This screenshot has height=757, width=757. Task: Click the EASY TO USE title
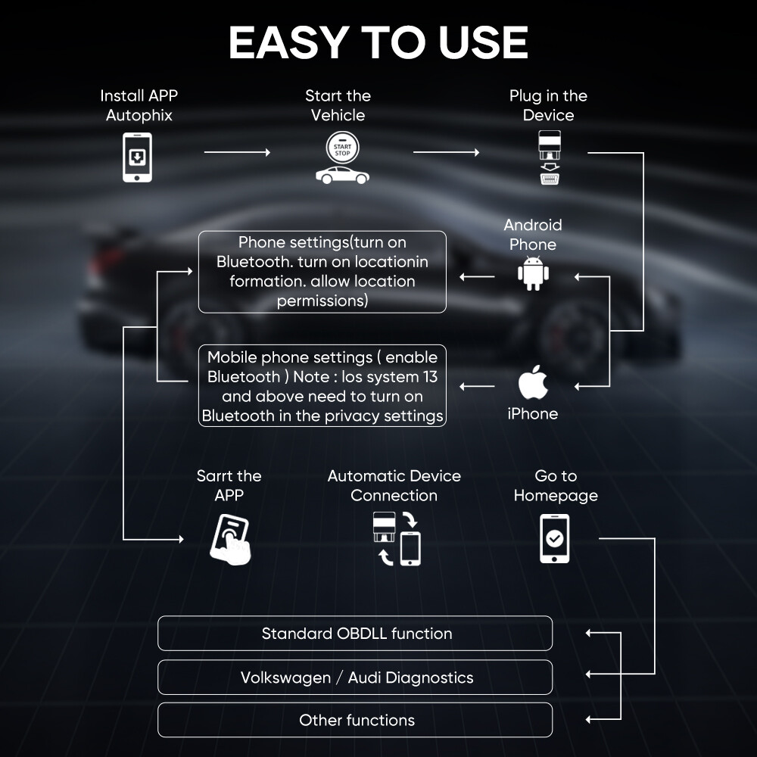point(378,42)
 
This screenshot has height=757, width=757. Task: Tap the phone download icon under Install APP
point(137,157)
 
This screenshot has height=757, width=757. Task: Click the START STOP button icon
point(342,146)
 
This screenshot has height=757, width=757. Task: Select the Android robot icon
point(533,273)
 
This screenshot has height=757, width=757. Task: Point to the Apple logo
point(533,384)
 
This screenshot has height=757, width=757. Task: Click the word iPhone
point(533,414)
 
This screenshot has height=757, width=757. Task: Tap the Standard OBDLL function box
point(355,634)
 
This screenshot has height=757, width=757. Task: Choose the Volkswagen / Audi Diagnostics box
point(355,678)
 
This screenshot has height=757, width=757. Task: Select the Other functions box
point(355,720)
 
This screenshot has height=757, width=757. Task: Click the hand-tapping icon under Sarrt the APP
point(230,539)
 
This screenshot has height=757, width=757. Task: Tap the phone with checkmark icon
point(554,538)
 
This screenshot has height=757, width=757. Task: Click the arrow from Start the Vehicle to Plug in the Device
point(446,153)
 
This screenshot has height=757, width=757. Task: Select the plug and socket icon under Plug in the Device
point(549,158)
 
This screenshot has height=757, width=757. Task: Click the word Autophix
point(139,116)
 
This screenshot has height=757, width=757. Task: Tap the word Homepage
point(556,496)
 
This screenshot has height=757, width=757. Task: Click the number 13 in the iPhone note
point(430,377)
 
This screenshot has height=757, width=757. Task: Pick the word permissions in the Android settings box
point(322,301)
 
